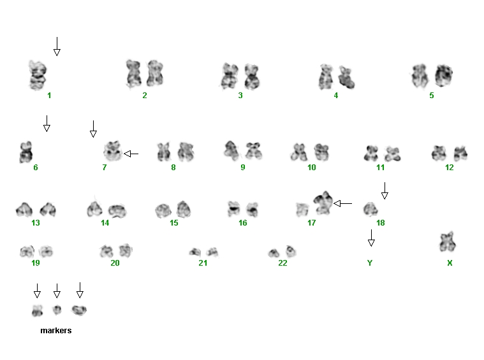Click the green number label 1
click(49, 96)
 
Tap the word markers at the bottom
click(56, 331)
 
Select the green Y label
click(370, 263)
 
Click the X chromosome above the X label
click(447, 242)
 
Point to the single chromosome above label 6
click(26, 152)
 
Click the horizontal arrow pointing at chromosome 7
click(131, 154)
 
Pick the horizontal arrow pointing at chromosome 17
click(342, 203)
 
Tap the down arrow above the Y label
click(371, 238)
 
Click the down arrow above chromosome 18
click(385, 191)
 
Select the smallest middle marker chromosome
click(57, 310)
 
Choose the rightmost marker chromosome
click(79, 310)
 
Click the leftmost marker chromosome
click(38, 311)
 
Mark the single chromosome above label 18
click(370, 209)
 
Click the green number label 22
click(282, 263)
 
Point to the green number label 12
click(449, 167)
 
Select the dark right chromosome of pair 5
click(444, 75)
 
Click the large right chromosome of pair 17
click(323, 203)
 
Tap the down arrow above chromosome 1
click(57, 47)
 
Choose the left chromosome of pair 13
click(24, 209)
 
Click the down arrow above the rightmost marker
click(80, 291)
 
